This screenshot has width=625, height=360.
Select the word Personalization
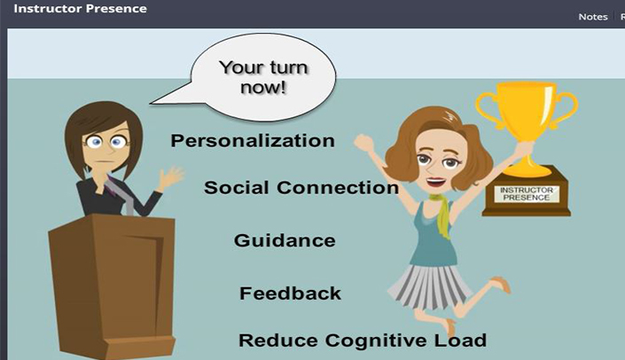click(x=253, y=141)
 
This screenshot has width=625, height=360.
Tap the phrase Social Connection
click(x=301, y=187)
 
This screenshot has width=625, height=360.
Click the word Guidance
click(x=285, y=240)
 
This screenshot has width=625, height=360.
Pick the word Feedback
click(x=290, y=293)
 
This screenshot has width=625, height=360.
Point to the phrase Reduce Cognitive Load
click(x=363, y=340)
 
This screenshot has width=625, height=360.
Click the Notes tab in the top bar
click(x=593, y=17)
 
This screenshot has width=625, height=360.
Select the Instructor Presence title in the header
click(x=80, y=8)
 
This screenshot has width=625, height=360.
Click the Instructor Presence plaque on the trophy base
click(x=526, y=194)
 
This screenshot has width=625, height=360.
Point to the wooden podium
click(x=113, y=286)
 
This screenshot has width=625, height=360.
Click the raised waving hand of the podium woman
click(x=170, y=178)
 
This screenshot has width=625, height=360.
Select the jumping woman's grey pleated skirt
click(x=430, y=286)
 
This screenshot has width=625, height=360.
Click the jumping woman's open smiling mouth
click(x=435, y=182)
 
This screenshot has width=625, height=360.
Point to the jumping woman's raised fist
click(x=363, y=143)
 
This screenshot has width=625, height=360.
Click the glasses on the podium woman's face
click(x=106, y=141)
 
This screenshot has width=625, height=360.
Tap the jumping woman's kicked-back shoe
click(x=502, y=284)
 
